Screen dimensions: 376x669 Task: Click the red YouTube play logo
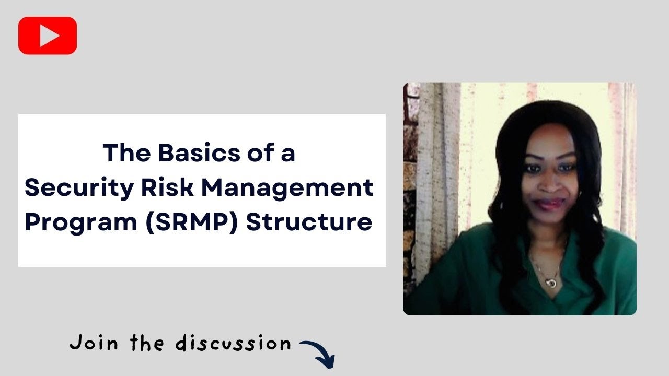click(48, 36)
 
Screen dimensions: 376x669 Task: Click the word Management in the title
click(287, 187)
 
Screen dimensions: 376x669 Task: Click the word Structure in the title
click(309, 222)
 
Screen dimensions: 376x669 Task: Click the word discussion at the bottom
click(233, 344)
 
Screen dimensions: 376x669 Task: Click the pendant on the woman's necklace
click(550, 282)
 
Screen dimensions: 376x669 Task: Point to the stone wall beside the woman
click(411, 209)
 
